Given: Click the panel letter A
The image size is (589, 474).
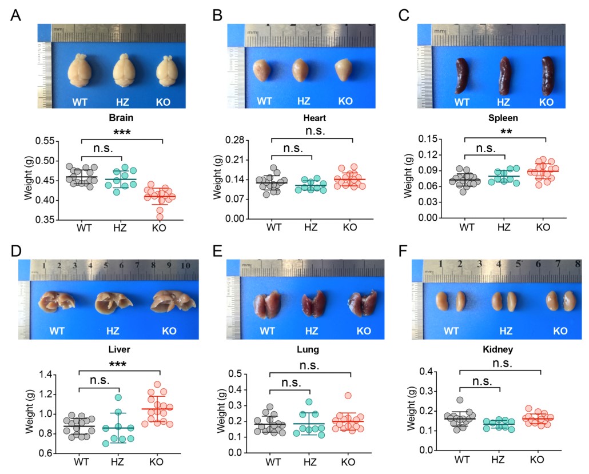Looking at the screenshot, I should (17, 15).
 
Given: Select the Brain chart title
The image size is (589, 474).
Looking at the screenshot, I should (121, 121).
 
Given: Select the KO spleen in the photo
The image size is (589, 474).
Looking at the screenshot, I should (547, 75).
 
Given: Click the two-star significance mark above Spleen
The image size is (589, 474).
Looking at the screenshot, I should (505, 132).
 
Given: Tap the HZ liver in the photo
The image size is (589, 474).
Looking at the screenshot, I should (113, 300).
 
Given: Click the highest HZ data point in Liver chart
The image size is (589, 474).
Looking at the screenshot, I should (118, 397).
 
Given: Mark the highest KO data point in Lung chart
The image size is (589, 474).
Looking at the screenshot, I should (348, 396).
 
